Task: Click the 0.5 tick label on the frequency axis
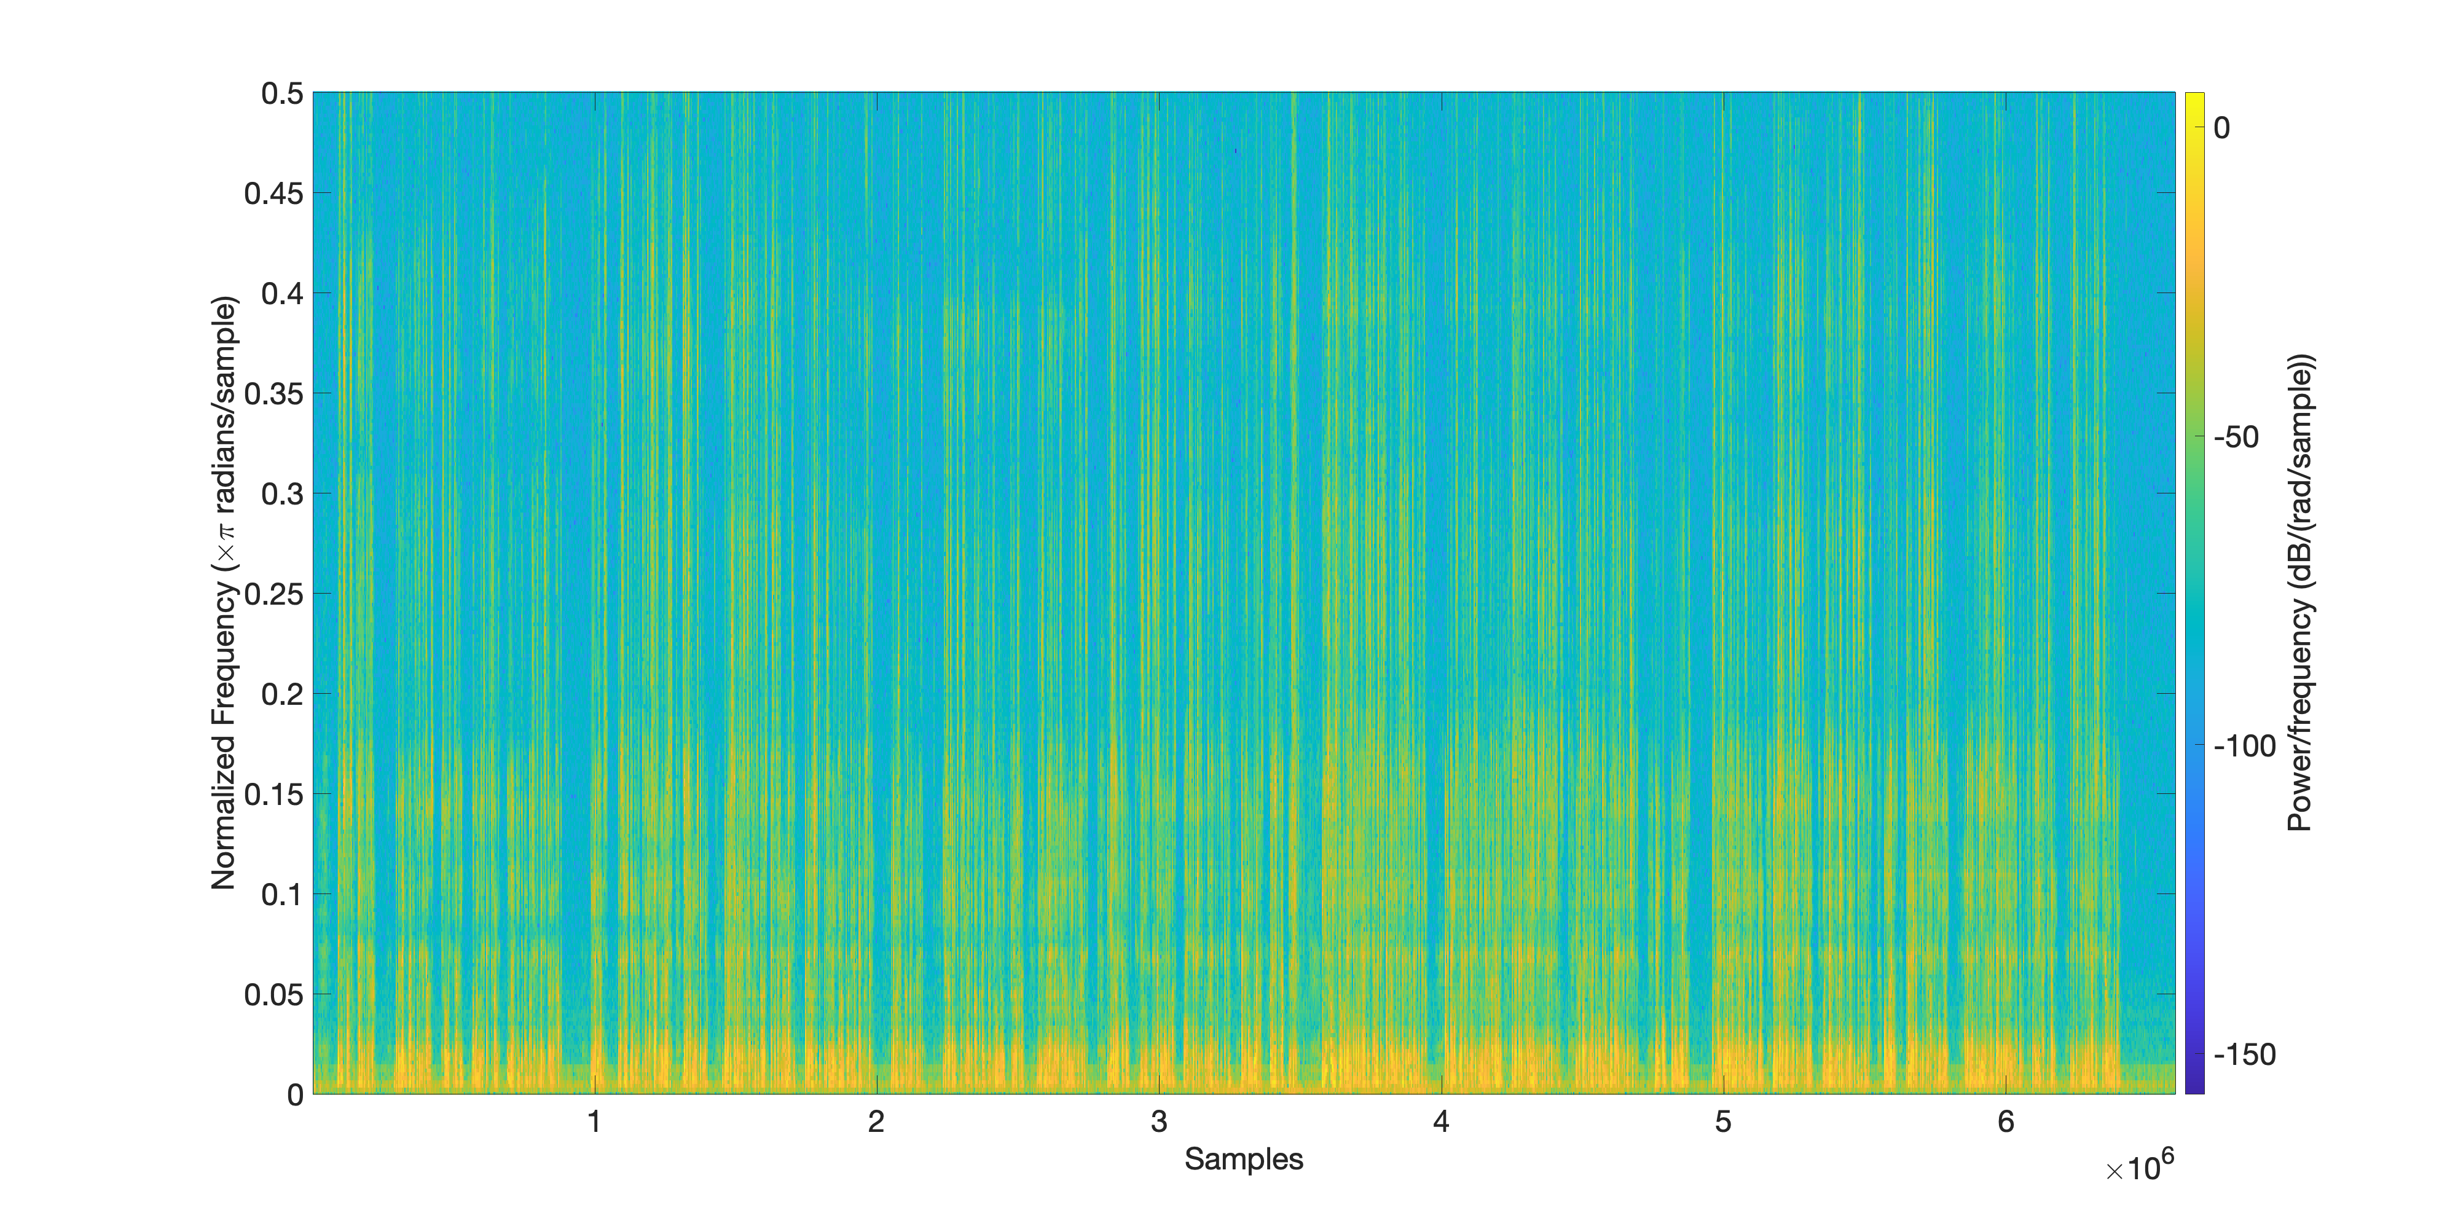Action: click(283, 93)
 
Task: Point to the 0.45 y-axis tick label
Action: click(274, 194)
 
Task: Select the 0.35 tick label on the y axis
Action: click(274, 394)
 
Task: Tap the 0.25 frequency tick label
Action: click(274, 594)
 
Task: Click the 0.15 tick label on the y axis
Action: click(274, 795)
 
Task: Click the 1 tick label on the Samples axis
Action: click(594, 1122)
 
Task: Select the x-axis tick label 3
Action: click(1158, 1122)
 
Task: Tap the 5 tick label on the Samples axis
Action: click(1723, 1122)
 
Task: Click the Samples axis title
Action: click(1243, 1160)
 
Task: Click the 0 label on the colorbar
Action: click(2222, 128)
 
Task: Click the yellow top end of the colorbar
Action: click(2194, 99)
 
